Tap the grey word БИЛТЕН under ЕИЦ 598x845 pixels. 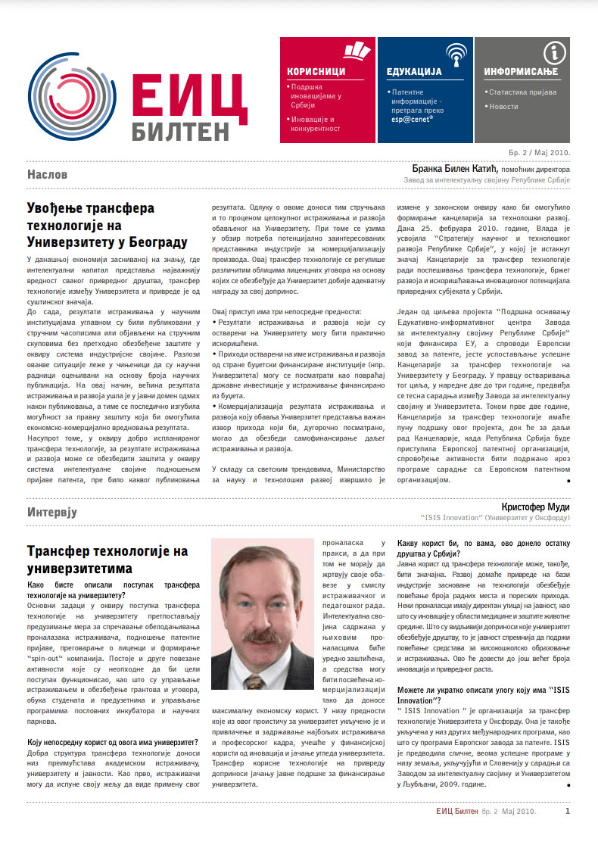point(179,130)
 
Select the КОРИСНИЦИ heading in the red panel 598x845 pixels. point(316,72)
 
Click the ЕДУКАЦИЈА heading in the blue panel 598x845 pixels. point(414,72)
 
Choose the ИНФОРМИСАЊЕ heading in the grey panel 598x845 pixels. point(521,72)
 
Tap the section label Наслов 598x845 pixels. point(48,175)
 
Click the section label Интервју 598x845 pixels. point(52,512)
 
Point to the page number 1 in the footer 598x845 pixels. point(568,812)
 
